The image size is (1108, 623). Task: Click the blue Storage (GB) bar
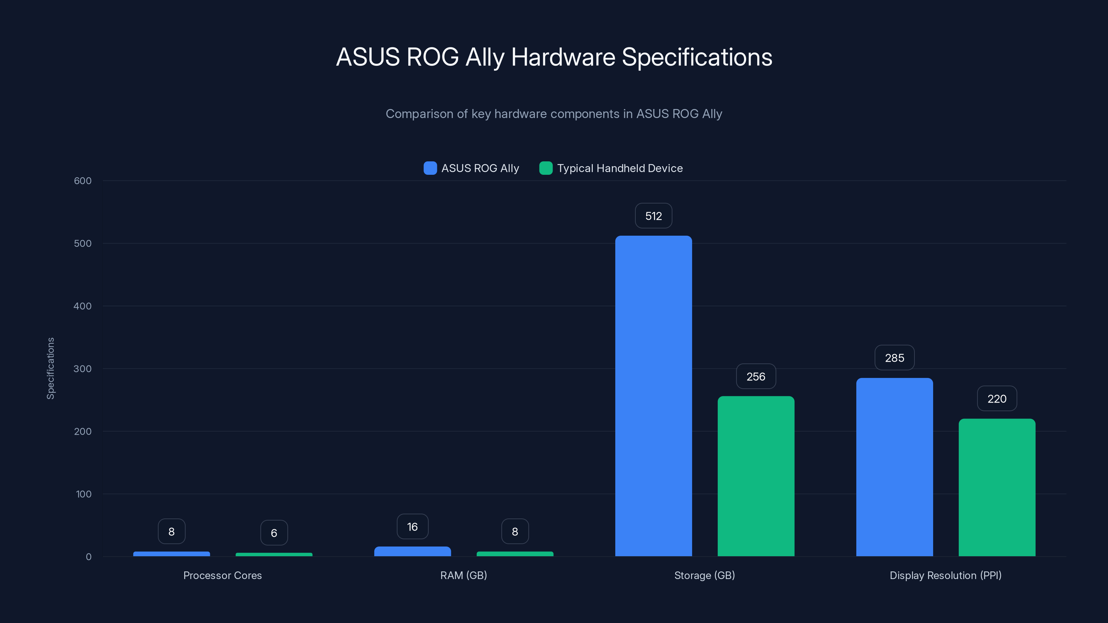[653, 396]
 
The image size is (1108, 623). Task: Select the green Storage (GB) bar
[756, 476]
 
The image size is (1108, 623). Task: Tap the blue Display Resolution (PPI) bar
[894, 467]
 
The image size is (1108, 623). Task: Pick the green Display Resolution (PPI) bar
[997, 487]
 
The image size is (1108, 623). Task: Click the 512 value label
[653, 216]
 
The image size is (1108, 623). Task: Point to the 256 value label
[756, 377]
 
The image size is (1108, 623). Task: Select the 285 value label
[894, 358]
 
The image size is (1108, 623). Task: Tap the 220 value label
[997, 399]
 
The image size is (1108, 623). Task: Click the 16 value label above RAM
[412, 527]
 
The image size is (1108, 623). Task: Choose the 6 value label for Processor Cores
[274, 533]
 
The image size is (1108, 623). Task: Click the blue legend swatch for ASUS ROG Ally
[430, 168]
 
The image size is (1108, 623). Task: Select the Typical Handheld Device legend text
[620, 168]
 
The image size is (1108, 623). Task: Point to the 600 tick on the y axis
[83, 181]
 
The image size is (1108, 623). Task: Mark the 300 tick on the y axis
[83, 369]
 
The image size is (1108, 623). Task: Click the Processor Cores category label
[222, 575]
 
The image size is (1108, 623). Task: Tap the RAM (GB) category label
[463, 575]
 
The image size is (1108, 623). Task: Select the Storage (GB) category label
[704, 575]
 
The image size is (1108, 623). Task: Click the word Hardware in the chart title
[563, 57]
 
